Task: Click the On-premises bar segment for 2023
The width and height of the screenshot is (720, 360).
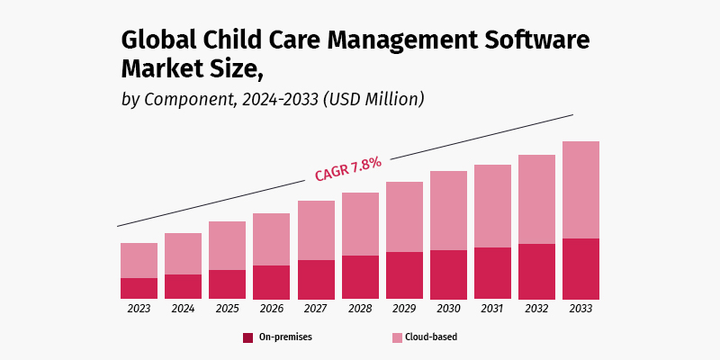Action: [139, 288]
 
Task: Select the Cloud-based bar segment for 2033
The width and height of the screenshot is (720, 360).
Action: [580, 190]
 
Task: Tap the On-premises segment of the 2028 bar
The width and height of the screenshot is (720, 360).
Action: [360, 277]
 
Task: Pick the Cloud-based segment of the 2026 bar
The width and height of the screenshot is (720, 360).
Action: [271, 239]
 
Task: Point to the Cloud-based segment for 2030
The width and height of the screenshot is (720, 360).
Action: [448, 211]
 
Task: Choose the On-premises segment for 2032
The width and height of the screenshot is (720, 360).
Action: [536, 271]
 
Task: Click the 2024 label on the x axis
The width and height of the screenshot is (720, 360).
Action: [183, 309]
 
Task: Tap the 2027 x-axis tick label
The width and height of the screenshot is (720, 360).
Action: [315, 309]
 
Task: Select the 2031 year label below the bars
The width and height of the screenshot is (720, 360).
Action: [492, 309]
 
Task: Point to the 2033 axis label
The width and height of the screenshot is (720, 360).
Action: [580, 309]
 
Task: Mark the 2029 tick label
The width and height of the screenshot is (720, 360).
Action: [404, 309]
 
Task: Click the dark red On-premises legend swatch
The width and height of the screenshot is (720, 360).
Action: [247, 337]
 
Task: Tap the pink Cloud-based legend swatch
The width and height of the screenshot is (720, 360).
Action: [397, 337]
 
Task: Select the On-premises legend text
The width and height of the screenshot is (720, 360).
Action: [285, 337]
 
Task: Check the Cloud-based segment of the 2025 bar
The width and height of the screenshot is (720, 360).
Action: [227, 246]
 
